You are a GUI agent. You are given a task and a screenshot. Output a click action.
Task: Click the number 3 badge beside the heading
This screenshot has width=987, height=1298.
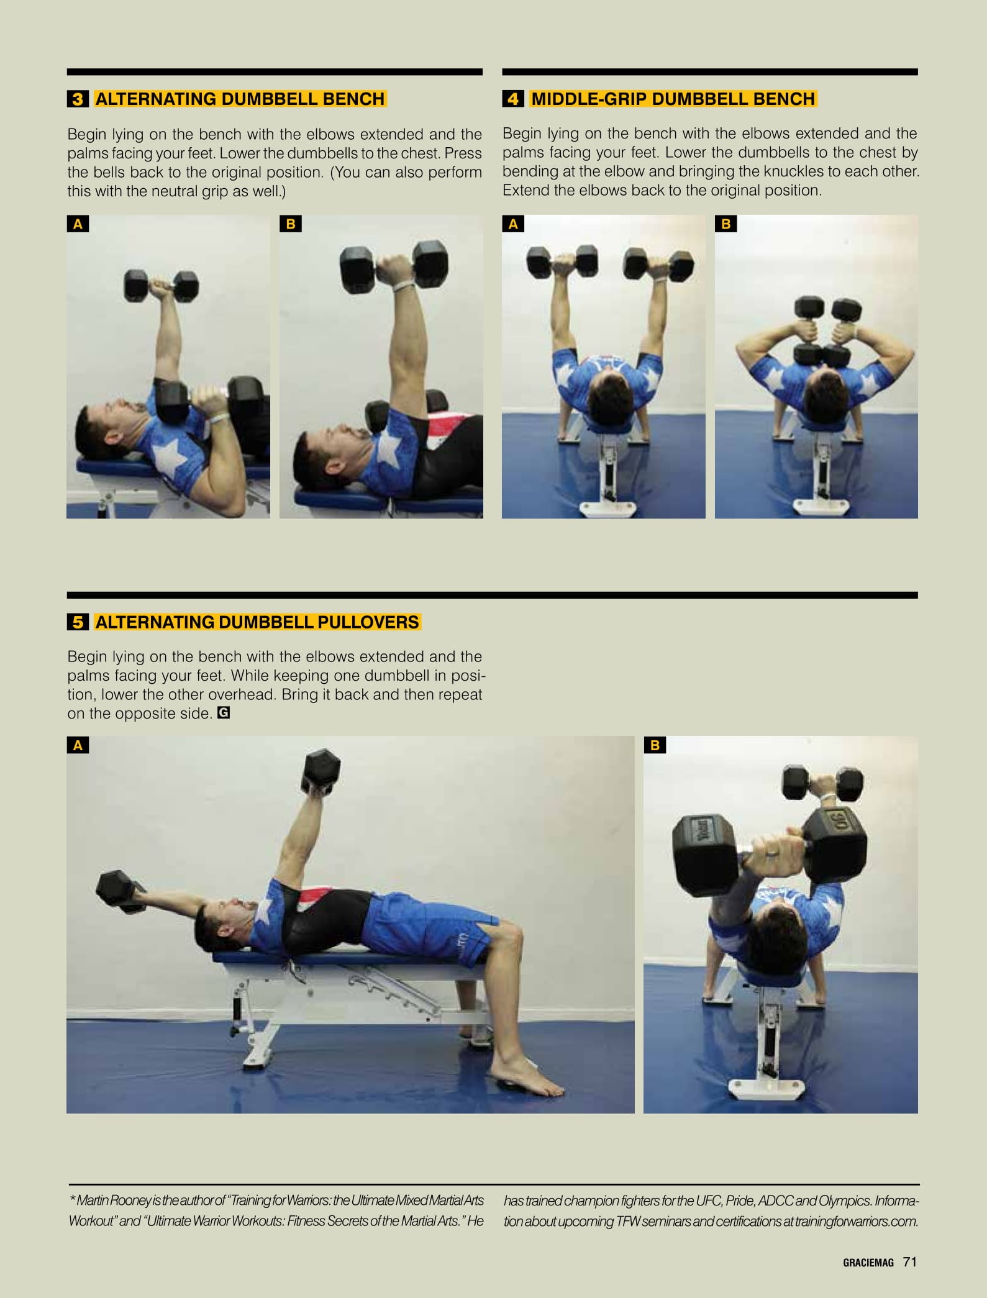point(78,99)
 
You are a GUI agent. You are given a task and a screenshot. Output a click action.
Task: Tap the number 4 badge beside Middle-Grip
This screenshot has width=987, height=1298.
point(513,99)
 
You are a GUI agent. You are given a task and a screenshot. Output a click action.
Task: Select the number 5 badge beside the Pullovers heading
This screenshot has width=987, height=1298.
point(78,622)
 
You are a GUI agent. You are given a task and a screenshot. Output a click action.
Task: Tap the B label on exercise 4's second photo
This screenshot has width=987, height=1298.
point(725,224)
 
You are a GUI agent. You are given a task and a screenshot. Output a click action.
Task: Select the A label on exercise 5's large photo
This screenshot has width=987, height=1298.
point(78,745)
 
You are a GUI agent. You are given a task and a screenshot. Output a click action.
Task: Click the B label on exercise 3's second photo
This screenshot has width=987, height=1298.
point(290,224)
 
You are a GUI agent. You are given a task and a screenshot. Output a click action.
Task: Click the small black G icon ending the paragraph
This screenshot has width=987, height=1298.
point(224,713)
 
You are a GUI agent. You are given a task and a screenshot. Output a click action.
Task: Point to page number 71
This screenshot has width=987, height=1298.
point(910,1261)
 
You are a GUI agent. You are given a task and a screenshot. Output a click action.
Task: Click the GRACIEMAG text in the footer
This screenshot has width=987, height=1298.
point(868,1263)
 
